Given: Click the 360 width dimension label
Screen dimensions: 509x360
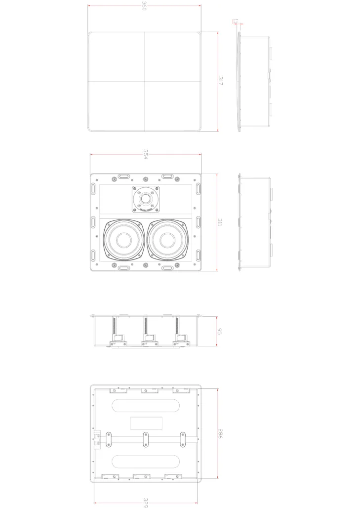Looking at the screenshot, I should coord(144,6).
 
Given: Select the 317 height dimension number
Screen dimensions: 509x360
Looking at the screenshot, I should coord(221,82).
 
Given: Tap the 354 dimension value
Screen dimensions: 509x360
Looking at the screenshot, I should coord(146,154).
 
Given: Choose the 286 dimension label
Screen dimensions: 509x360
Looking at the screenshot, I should coord(220,434).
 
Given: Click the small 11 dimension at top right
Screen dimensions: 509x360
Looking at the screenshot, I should coord(235,21).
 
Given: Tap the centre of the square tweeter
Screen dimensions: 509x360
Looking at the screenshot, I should coord(146,199).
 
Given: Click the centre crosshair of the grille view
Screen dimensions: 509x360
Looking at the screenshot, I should coord(144,82).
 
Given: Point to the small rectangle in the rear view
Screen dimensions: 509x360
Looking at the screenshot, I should coord(146,424).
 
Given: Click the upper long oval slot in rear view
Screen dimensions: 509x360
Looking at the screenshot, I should coord(146,406).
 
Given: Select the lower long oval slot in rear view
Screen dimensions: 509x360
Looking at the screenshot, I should coord(146,462).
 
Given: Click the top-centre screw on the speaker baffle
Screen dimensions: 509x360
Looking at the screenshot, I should coord(146,179).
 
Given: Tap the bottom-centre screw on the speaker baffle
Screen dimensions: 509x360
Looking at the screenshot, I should coord(146,265).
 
